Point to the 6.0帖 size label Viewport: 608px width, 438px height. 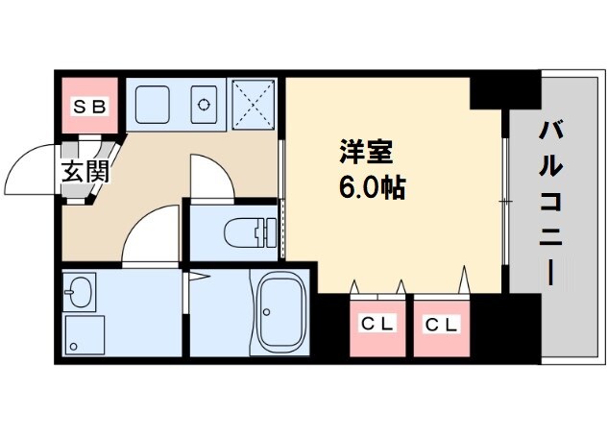(x=371, y=185)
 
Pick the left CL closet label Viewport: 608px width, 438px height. (x=377, y=324)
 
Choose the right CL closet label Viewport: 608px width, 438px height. (x=443, y=324)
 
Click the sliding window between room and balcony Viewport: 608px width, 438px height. (x=504, y=202)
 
